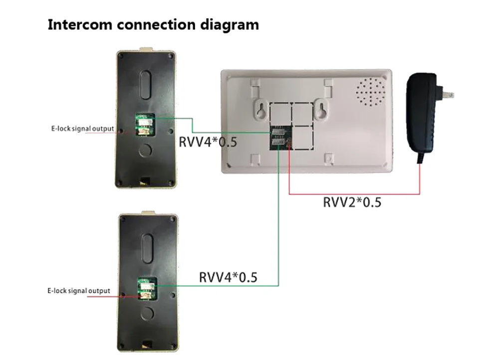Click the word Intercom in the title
(x=79, y=24)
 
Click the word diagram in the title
(x=230, y=25)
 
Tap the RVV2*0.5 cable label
(x=352, y=202)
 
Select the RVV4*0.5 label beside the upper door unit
(x=208, y=142)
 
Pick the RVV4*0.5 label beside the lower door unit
(x=228, y=277)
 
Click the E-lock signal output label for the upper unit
(x=82, y=129)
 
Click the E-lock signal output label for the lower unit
(x=79, y=291)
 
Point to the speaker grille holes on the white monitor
(x=370, y=92)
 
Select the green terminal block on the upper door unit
(x=145, y=124)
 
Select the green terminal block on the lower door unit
(x=147, y=288)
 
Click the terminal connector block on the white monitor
(x=281, y=138)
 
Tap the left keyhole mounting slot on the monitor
(x=261, y=110)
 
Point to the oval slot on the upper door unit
(x=145, y=85)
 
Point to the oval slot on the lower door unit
(x=147, y=248)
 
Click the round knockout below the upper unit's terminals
(x=145, y=150)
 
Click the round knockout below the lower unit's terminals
(x=148, y=313)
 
